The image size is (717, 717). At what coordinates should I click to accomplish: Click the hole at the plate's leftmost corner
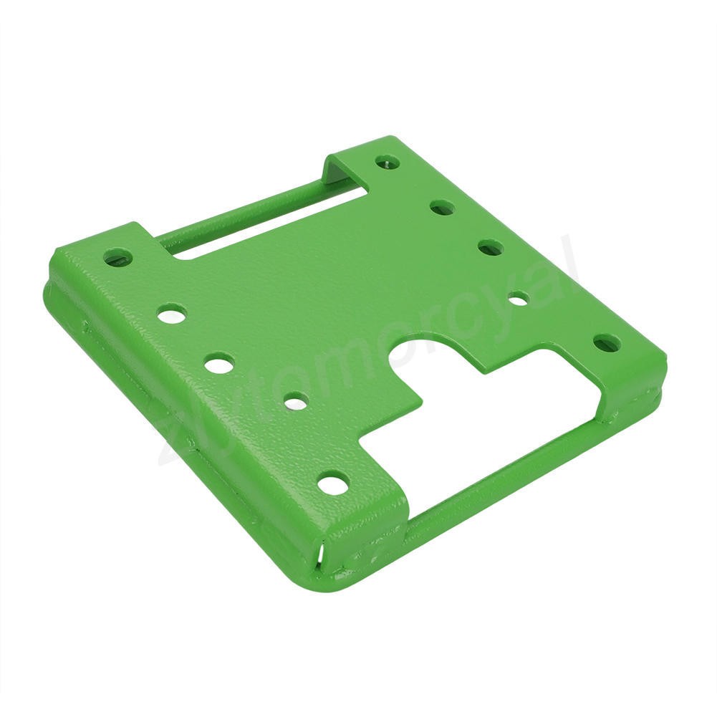118,257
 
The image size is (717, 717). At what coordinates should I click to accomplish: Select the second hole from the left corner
172,312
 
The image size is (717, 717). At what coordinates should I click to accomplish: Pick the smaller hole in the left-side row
296,402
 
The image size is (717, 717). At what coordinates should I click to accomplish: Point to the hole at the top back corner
388,161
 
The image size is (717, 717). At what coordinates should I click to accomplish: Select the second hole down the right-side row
442,208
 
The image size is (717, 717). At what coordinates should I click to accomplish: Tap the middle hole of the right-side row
491,248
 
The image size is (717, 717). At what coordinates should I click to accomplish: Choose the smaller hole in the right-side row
519,298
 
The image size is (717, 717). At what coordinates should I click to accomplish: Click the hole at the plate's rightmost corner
607,343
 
